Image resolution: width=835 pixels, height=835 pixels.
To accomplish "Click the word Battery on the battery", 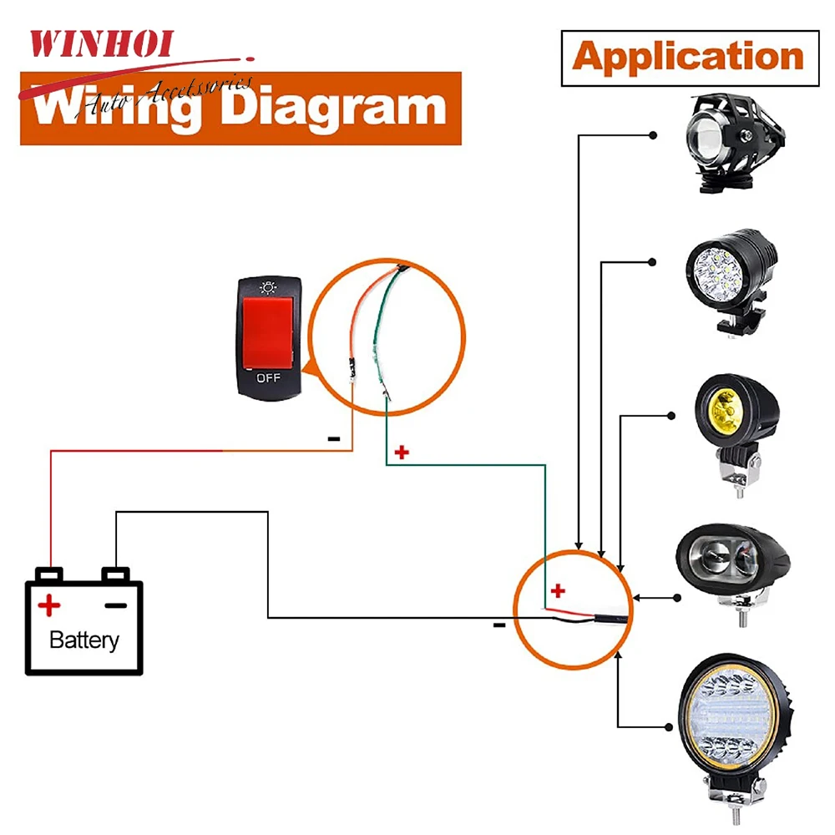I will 84,640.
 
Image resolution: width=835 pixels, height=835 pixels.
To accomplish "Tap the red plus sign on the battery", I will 50,604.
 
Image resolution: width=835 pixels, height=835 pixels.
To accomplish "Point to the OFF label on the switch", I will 268,377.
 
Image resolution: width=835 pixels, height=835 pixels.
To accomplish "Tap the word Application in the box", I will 688,58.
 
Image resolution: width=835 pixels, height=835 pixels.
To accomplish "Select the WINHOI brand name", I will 101,43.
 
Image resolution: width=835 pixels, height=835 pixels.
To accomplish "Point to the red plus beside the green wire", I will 402,453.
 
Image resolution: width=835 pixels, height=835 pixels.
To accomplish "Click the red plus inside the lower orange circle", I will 558,591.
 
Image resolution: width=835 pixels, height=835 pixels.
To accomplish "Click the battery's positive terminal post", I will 50,574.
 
